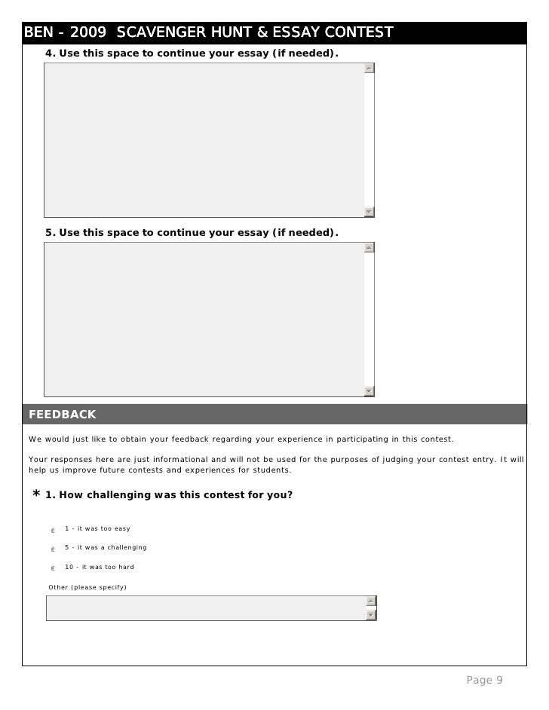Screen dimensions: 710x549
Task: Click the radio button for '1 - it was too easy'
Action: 53,530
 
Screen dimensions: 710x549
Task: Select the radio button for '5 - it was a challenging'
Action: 53,549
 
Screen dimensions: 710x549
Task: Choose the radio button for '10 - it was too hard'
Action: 53,568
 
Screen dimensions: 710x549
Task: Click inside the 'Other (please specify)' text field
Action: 204,608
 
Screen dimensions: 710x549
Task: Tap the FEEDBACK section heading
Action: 63,415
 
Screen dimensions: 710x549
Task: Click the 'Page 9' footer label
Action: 484,681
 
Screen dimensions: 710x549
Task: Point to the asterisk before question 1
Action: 35,495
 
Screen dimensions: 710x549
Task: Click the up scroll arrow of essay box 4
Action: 369,68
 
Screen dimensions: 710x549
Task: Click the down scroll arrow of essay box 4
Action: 369,211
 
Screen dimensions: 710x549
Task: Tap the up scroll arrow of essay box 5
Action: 369,247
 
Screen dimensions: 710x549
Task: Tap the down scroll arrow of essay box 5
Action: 369,390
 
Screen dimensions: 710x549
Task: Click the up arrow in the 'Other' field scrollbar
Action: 370,601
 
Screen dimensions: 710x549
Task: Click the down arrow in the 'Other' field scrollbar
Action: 370,615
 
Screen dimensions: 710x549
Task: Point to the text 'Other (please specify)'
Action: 87,587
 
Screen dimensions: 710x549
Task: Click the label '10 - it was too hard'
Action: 100,567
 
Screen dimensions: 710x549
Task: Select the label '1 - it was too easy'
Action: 97,528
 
